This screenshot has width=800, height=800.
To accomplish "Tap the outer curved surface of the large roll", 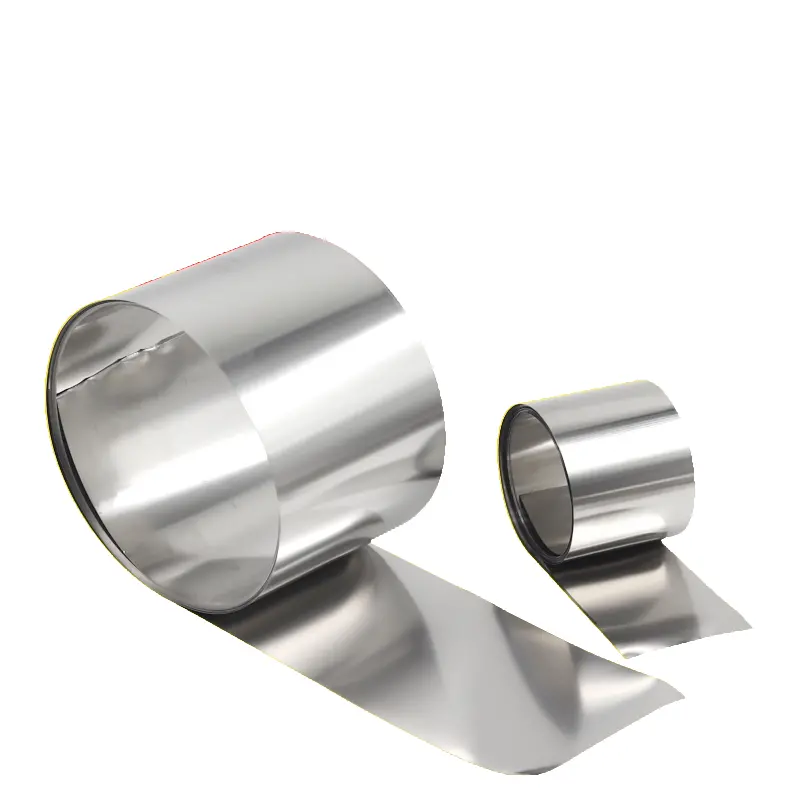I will [x=330, y=380].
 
